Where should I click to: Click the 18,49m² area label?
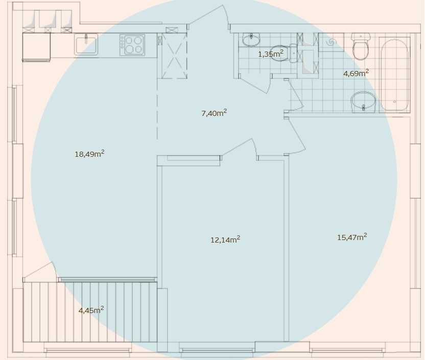(x=89, y=154)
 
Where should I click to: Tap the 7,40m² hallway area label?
(x=214, y=113)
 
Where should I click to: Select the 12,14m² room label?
(x=225, y=239)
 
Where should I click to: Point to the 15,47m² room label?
(x=352, y=237)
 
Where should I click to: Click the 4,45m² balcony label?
(x=91, y=310)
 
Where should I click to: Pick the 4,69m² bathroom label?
(x=356, y=73)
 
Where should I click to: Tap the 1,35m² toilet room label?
(x=271, y=54)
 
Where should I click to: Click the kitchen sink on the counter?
(x=86, y=44)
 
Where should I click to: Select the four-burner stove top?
(x=132, y=45)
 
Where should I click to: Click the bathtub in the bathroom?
(x=394, y=75)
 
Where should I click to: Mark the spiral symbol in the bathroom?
(x=332, y=42)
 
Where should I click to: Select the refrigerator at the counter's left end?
(x=36, y=46)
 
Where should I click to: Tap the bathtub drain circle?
(x=394, y=102)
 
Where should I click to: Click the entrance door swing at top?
(x=209, y=16)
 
